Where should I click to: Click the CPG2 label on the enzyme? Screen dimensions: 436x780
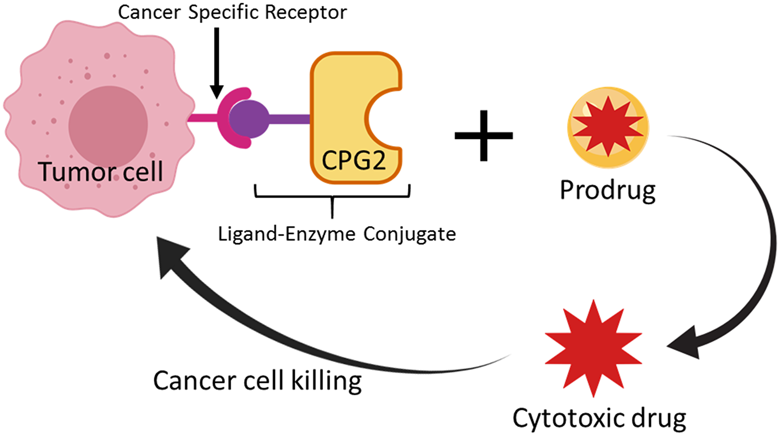click(x=353, y=160)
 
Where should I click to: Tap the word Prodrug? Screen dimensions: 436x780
click(x=607, y=191)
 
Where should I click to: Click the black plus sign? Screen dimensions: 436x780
click(x=484, y=135)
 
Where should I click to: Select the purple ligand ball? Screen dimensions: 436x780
click(x=249, y=119)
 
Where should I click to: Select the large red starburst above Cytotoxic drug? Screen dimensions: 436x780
click(x=593, y=348)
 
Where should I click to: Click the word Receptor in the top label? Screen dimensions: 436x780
click(x=306, y=12)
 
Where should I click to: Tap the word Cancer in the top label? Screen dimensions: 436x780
click(x=149, y=12)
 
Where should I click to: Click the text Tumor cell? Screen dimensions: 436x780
click(x=100, y=172)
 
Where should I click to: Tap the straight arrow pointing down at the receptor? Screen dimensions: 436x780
click(x=216, y=62)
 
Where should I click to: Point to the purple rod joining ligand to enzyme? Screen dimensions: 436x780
click(x=289, y=119)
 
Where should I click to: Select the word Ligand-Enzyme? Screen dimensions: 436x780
click(x=287, y=235)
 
